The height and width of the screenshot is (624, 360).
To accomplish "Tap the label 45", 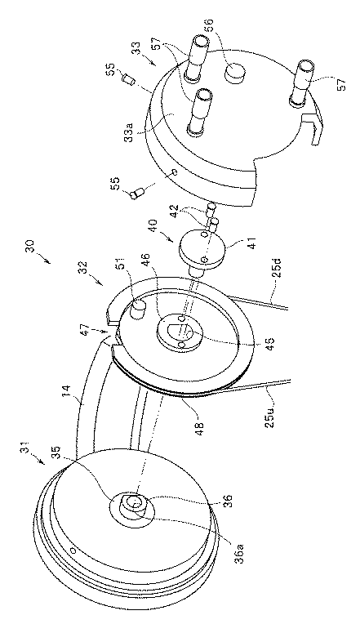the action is point(260,341).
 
